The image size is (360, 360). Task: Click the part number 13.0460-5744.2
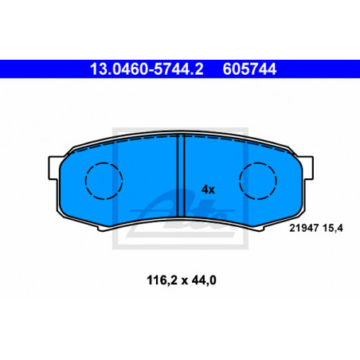pyautogui.click(x=147, y=69)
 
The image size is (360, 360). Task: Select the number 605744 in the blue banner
pyautogui.click(x=249, y=69)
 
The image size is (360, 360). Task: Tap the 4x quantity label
pyautogui.click(x=208, y=190)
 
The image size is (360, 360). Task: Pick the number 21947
pyautogui.click(x=304, y=228)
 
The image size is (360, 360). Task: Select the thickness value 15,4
pyautogui.click(x=333, y=228)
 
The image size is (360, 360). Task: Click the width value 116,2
pyautogui.click(x=162, y=280)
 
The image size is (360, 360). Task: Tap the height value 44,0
pyautogui.click(x=204, y=280)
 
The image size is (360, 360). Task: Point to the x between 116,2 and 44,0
pyautogui.click(x=184, y=281)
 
